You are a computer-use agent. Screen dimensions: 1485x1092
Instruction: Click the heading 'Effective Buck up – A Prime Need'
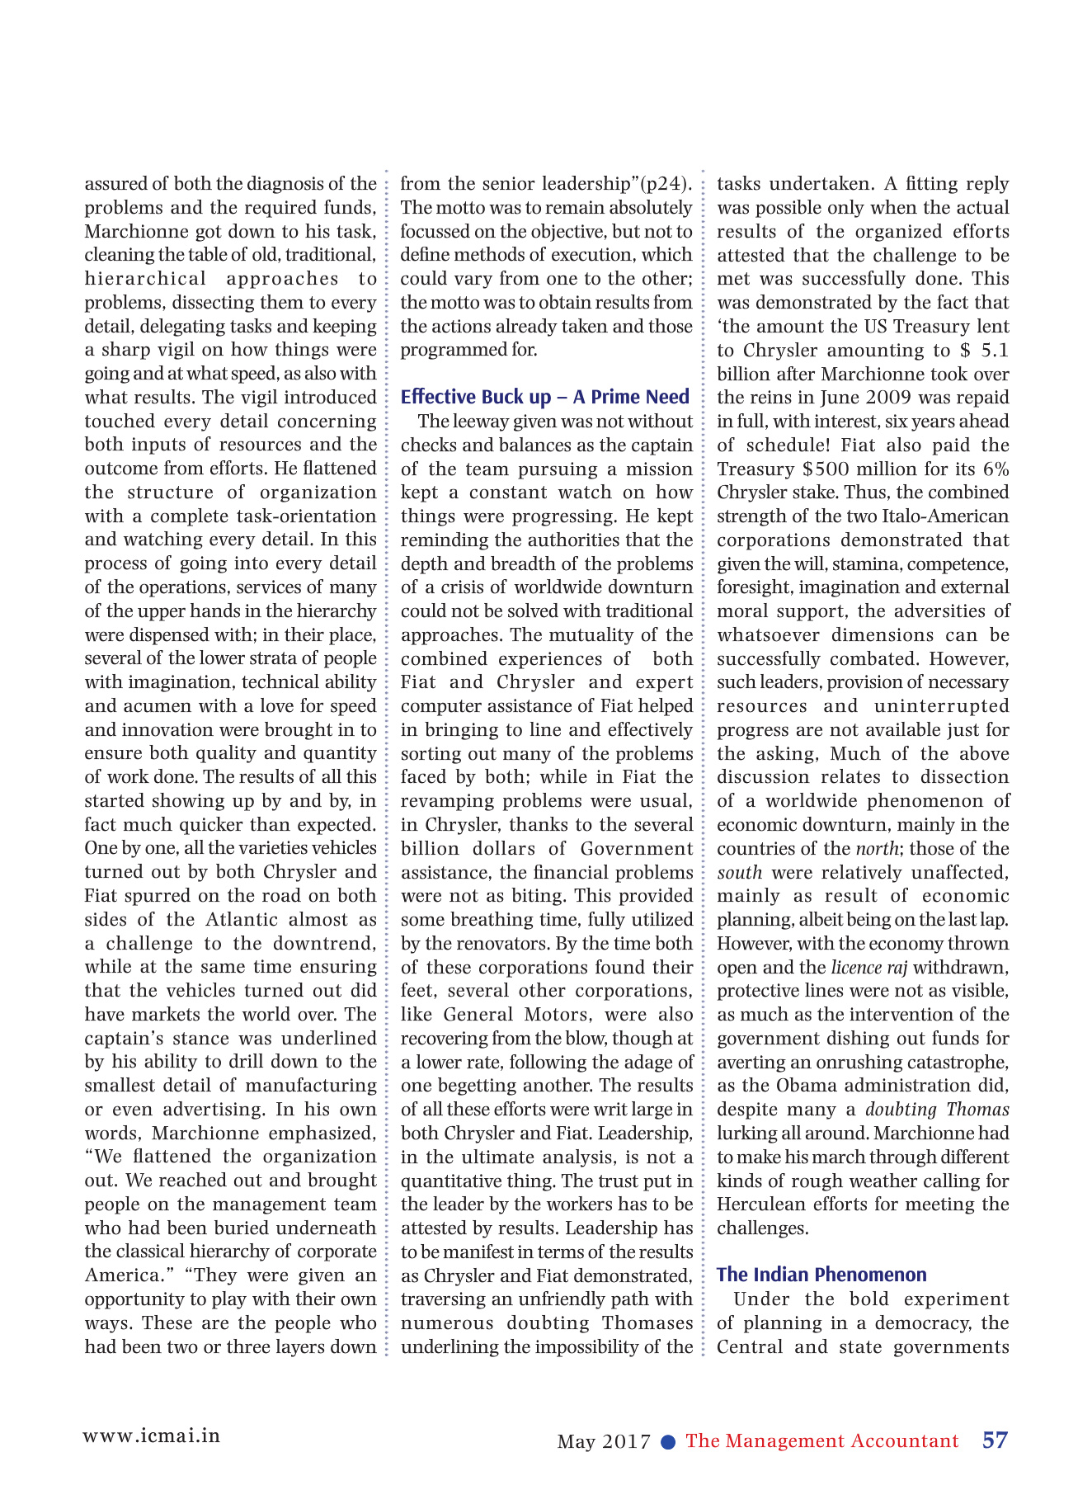click(x=544, y=397)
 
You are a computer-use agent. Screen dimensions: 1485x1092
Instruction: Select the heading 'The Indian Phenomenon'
click(x=821, y=1275)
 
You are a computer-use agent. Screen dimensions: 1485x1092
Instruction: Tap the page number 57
click(x=995, y=1440)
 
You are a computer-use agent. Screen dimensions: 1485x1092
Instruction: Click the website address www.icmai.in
click(x=152, y=1435)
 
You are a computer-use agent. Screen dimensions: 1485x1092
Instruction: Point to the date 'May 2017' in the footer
click(x=604, y=1442)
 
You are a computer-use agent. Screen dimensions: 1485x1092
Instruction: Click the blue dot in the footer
click(x=669, y=1442)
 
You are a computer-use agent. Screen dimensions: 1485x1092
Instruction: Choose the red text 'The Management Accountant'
click(x=821, y=1441)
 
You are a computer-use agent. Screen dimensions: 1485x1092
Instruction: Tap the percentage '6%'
click(x=996, y=469)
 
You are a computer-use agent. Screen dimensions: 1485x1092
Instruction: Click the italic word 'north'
click(x=877, y=849)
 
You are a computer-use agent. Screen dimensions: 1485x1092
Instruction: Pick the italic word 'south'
click(x=739, y=873)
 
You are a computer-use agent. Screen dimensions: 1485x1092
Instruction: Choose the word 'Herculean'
click(x=755, y=1204)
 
